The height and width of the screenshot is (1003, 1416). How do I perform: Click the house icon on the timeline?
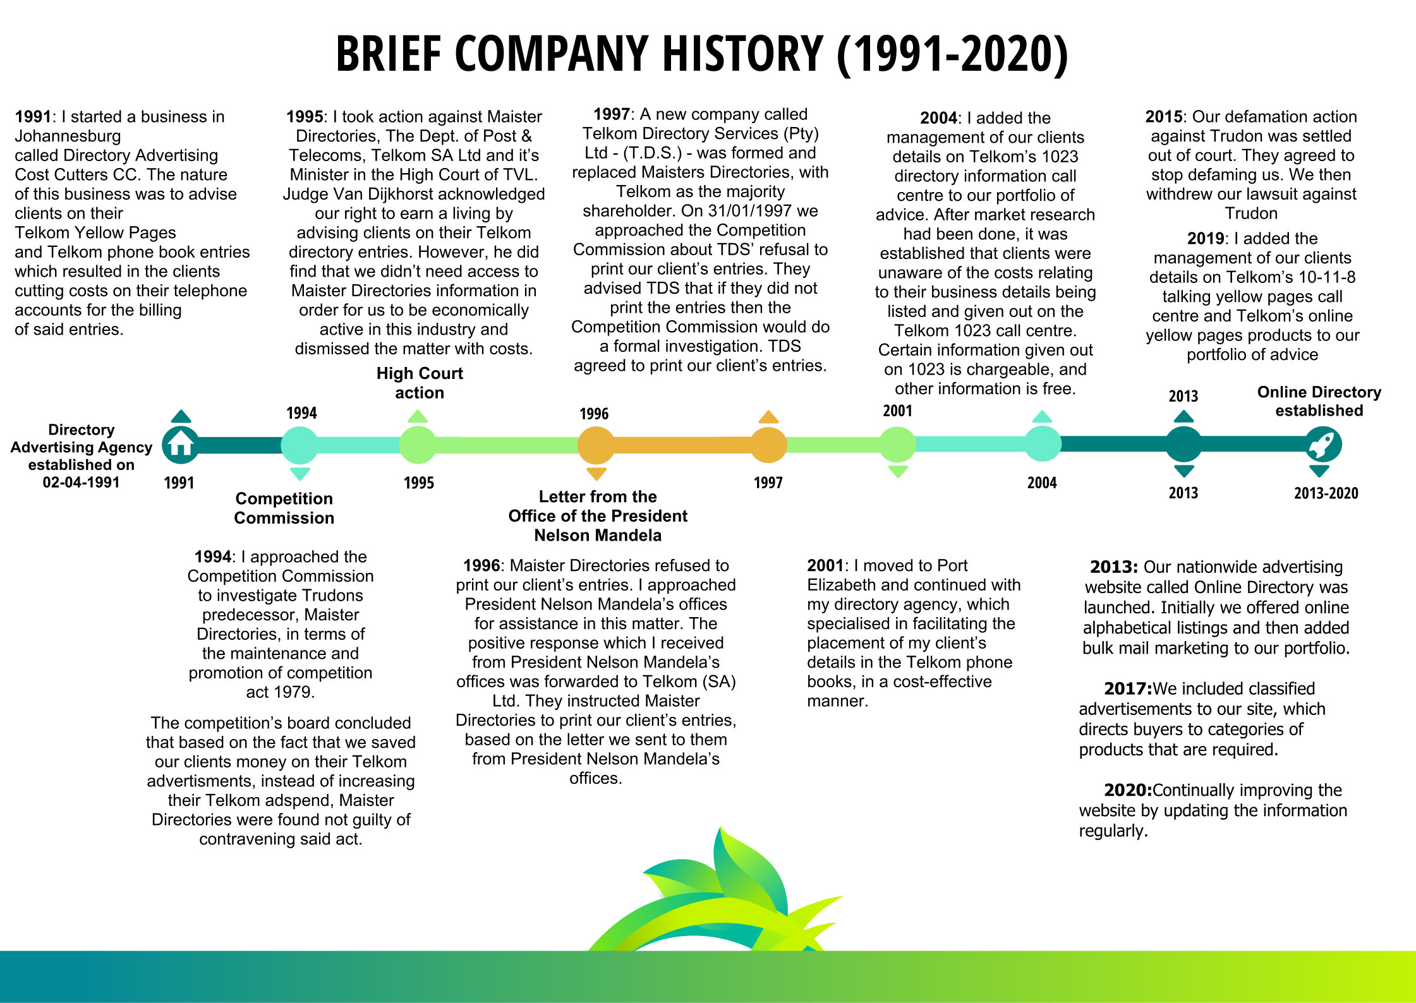coord(181,445)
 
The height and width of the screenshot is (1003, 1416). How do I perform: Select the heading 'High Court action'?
coord(420,383)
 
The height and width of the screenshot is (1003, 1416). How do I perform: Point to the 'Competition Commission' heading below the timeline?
coord(284,508)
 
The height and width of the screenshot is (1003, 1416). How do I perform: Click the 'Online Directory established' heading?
coord(1319,401)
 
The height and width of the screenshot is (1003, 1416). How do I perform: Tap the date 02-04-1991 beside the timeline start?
coord(81,483)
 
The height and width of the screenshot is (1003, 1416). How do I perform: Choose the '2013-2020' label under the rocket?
coord(1326,493)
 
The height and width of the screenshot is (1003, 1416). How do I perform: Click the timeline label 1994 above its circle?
coord(301,413)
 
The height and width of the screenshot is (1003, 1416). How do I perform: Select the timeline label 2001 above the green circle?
coord(897,411)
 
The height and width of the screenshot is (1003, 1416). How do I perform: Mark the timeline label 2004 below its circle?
coord(1042,483)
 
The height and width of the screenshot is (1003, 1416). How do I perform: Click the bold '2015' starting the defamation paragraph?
coord(1163,117)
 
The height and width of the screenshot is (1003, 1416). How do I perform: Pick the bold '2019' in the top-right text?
coord(1206,239)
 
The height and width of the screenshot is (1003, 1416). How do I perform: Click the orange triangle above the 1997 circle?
coord(768,416)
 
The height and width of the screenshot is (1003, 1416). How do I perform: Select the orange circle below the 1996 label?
coord(596,445)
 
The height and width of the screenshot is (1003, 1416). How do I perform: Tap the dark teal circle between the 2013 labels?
coord(1183,444)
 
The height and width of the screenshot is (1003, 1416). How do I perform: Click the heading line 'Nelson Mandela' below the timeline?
coord(598,536)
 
